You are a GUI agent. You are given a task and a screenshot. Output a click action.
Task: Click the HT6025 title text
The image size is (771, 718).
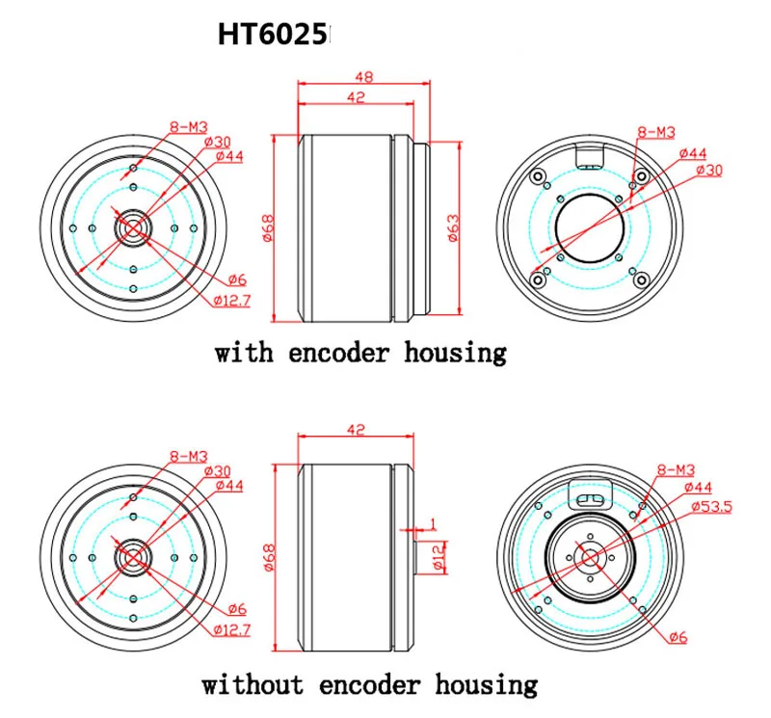[x=272, y=35]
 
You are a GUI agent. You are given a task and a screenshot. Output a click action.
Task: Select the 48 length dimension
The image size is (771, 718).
[x=364, y=77]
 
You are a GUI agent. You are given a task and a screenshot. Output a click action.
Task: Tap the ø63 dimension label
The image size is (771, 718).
[x=453, y=227]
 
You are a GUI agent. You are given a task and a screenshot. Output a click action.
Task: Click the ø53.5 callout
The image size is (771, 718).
[x=711, y=506]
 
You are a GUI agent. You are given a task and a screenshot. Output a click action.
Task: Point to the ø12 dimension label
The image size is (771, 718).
[x=439, y=557]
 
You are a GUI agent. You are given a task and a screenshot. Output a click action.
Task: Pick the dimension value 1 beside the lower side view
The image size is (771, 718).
[x=433, y=523]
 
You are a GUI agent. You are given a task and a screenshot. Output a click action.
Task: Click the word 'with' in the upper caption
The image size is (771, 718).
[x=244, y=353]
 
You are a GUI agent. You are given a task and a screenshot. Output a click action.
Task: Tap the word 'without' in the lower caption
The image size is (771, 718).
[x=253, y=684]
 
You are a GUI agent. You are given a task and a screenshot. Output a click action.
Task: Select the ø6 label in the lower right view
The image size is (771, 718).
[x=678, y=637]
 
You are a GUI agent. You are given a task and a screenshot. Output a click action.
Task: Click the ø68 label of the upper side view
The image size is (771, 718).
[x=269, y=227]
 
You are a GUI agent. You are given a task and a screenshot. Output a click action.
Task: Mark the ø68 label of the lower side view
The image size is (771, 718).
[x=269, y=557]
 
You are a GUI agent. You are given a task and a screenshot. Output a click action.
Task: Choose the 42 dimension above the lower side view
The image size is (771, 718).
[x=356, y=429]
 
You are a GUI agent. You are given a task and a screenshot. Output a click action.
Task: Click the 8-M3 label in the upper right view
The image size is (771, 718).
[x=656, y=132]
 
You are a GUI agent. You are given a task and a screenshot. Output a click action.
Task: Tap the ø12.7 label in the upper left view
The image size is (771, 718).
[x=232, y=300]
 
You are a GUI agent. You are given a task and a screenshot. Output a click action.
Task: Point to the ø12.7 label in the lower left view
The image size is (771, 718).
[x=232, y=629]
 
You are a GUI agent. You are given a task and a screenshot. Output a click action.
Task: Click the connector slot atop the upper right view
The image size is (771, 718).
[x=590, y=157]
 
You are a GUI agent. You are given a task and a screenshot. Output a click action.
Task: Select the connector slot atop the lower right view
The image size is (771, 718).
[x=590, y=495]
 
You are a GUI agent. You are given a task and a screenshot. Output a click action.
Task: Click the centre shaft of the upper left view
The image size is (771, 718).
[x=133, y=228]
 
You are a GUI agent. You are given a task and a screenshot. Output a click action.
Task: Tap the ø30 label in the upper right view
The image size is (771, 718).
[x=710, y=171]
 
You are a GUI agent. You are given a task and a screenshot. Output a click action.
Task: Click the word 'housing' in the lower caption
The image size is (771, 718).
[x=486, y=685]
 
